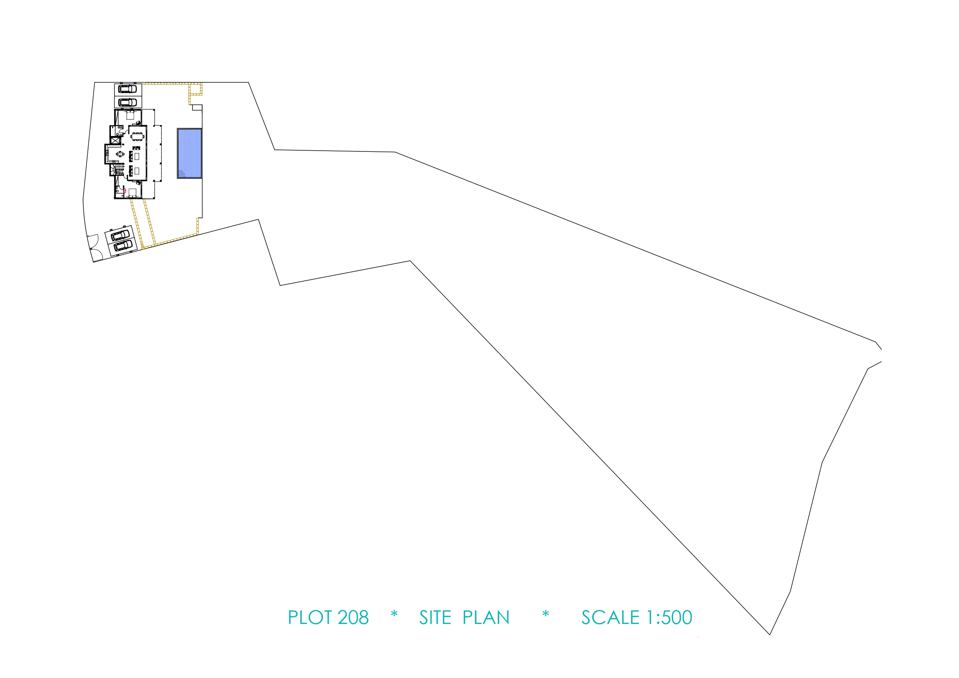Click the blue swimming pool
click(x=190, y=153)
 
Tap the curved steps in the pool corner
click(x=181, y=173)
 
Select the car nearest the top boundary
click(x=128, y=89)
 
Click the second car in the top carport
click(x=128, y=102)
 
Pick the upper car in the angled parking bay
click(x=120, y=235)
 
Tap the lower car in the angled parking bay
click(x=123, y=246)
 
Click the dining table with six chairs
click(x=138, y=136)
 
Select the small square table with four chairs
click(x=120, y=154)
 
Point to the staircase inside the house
click(x=118, y=170)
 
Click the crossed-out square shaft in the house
click(x=116, y=140)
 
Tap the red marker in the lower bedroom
click(x=125, y=191)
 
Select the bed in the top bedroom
click(x=130, y=115)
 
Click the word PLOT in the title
click(x=310, y=617)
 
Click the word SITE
click(x=435, y=617)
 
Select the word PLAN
click(x=486, y=617)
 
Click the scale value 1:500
click(x=670, y=617)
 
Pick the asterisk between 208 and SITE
click(x=394, y=614)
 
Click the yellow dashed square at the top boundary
click(x=196, y=89)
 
